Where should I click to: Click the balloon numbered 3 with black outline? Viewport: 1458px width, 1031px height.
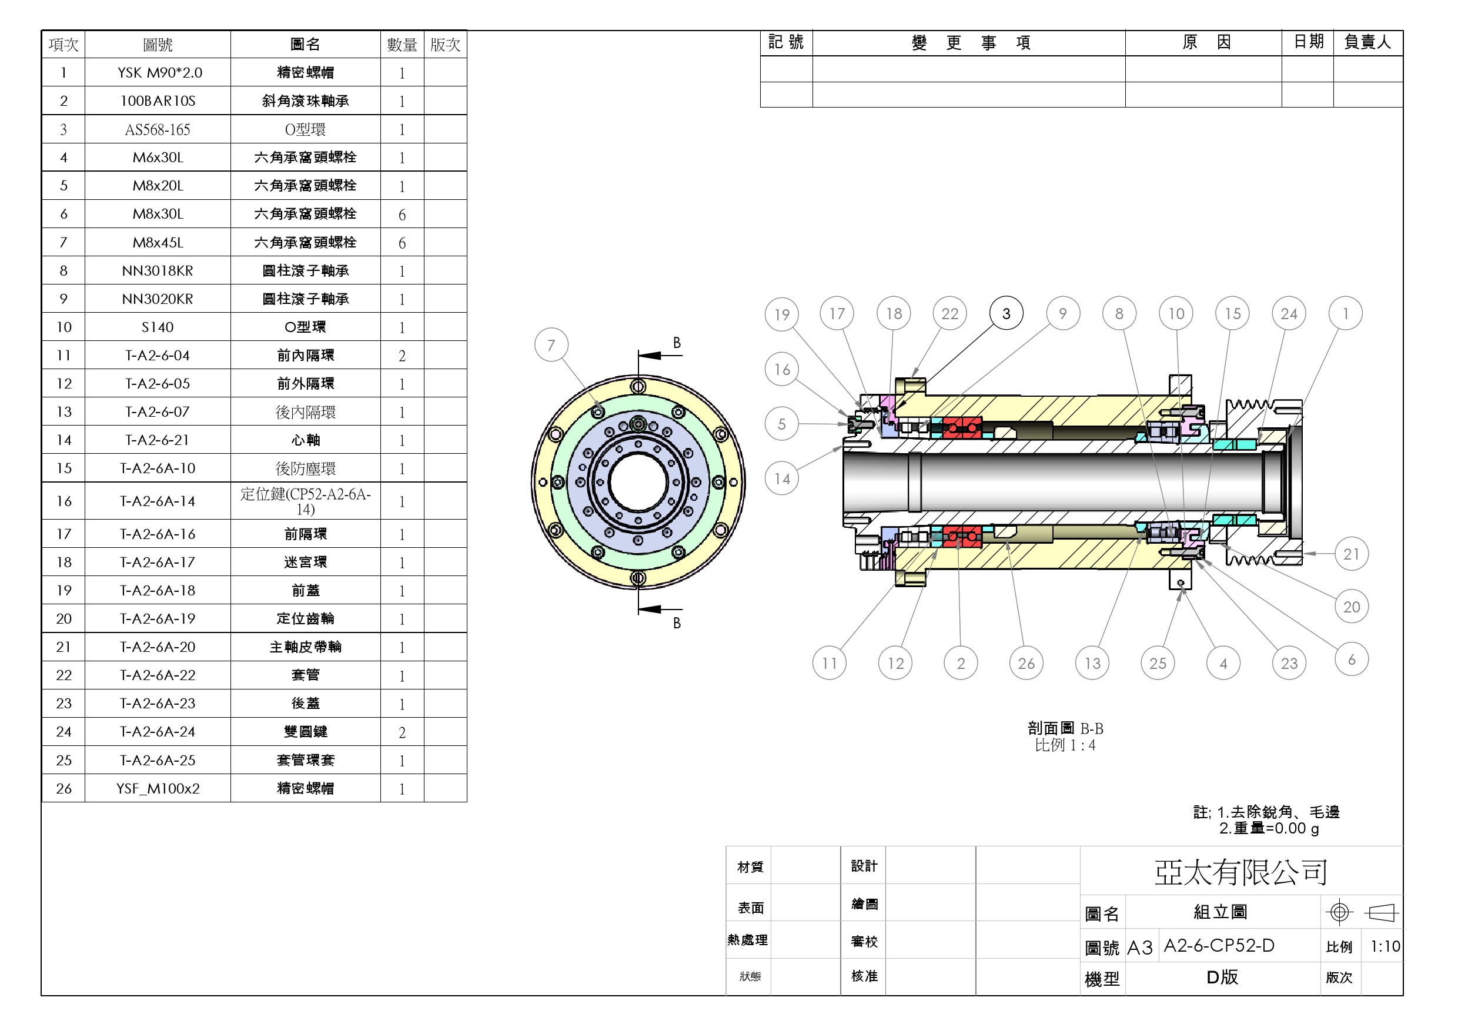1006,314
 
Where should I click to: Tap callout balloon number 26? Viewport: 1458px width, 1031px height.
1026,664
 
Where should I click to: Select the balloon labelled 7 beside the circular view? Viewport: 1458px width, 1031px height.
551,344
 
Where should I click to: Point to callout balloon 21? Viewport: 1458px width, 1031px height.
1352,554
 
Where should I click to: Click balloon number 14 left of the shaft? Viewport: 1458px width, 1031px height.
782,478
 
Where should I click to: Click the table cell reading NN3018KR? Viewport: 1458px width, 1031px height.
158,271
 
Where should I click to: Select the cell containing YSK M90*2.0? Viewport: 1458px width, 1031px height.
160,73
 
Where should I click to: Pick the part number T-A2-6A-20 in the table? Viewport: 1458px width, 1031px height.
158,647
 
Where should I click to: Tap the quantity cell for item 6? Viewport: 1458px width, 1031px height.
402,215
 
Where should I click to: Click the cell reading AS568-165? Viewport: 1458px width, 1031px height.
158,129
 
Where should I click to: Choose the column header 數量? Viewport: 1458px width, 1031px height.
402,45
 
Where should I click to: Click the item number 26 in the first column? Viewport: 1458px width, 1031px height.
63,788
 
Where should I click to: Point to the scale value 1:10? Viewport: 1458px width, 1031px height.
1385,946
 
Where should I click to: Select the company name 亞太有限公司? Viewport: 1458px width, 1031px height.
1241,872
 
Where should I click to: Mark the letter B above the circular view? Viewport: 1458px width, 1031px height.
677,343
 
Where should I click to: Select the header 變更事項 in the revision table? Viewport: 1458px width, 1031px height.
970,43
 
